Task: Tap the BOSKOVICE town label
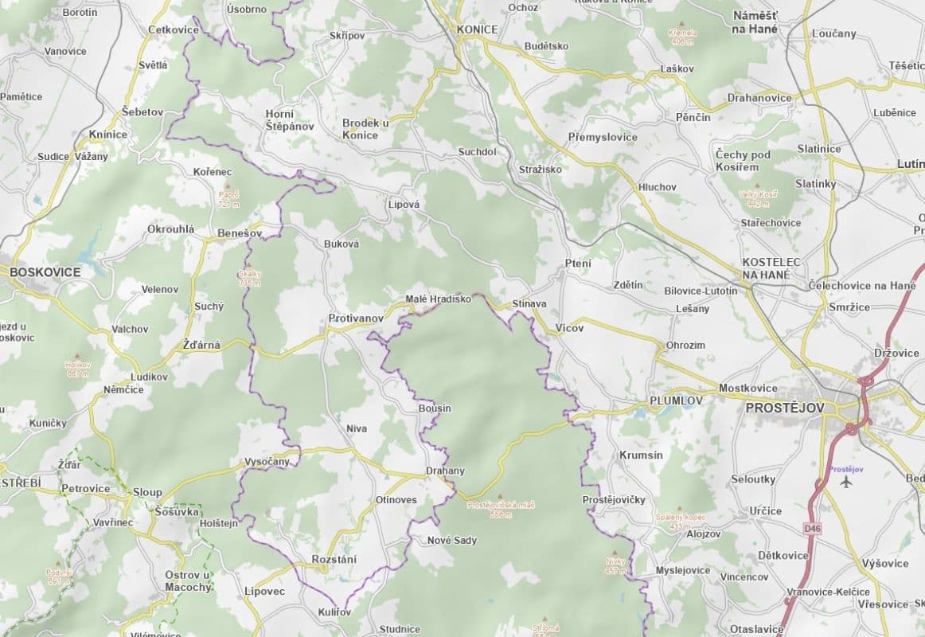click(45, 272)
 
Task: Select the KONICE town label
click(478, 29)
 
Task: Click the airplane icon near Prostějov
click(845, 482)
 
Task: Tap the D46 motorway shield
click(811, 528)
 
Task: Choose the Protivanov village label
click(356, 318)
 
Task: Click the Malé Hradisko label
click(438, 299)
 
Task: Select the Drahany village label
click(445, 471)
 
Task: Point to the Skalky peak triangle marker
click(249, 267)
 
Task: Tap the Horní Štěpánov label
click(290, 119)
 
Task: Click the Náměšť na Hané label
click(755, 22)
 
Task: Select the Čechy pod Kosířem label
click(743, 161)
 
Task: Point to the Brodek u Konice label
click(365, 129)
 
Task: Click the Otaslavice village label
click(751, 628)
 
